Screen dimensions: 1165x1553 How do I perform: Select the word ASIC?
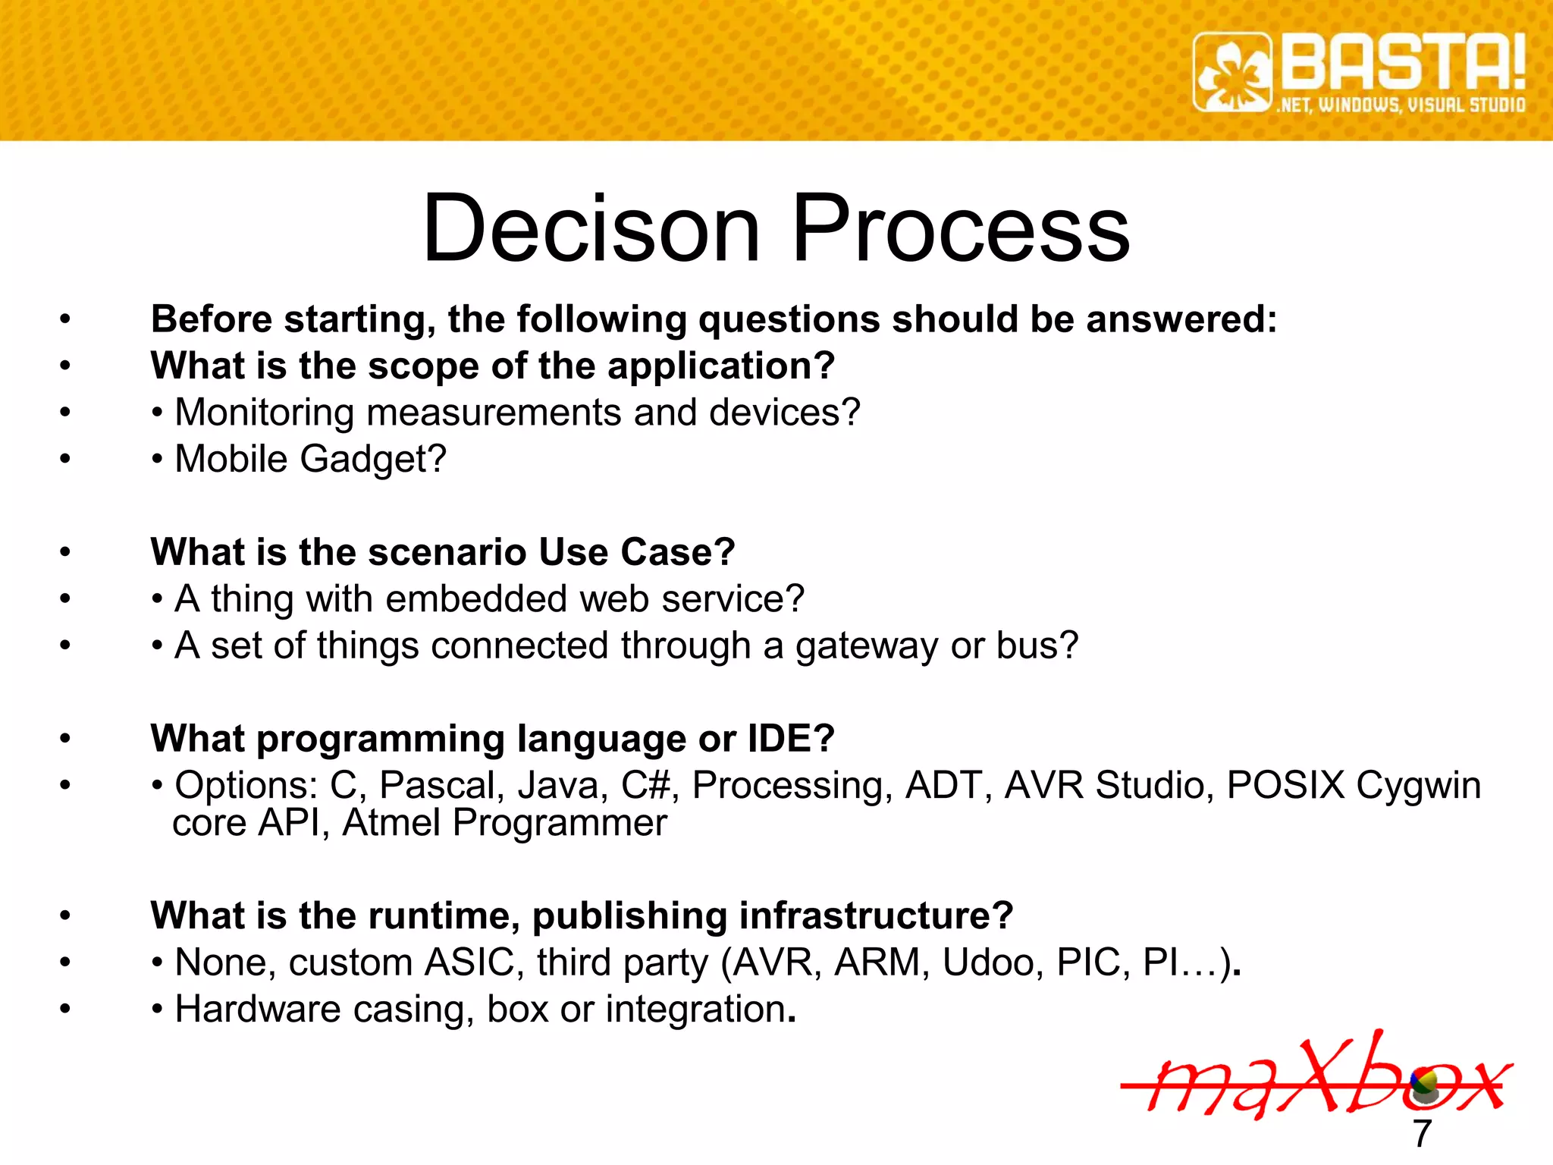(469, 963)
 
